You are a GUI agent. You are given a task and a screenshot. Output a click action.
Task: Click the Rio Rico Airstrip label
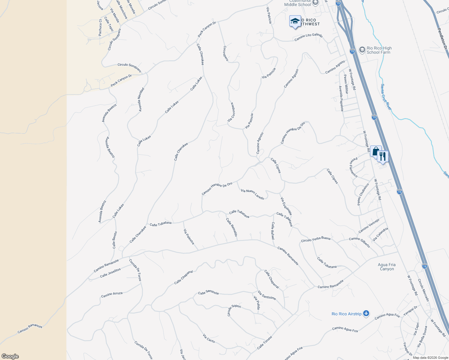(346, 314)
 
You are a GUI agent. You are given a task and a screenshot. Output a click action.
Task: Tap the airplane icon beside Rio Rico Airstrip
(366, 313)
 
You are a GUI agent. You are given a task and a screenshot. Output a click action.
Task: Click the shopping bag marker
(375, 151)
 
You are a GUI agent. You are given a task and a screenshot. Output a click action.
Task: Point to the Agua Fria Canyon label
(387, 267)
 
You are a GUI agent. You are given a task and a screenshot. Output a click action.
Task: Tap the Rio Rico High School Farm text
(379, 50)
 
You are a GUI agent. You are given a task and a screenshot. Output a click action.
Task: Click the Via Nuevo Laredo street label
(252, 194)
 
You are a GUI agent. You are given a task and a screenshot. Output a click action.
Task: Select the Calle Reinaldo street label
(232, 227)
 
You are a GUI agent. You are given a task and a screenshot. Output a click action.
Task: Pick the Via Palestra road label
(189, 236)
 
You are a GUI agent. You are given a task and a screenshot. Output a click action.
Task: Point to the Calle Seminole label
(208, 292)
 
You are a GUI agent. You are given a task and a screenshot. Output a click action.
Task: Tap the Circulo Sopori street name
(234, 310)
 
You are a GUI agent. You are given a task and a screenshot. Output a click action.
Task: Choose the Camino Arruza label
(112, 295)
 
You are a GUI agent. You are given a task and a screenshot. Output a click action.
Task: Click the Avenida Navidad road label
(141, 100)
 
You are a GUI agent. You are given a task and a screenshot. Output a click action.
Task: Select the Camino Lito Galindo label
(308, 37)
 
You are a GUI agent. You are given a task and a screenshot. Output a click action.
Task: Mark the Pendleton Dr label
(442, 39)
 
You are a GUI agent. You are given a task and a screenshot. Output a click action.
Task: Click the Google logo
(10, 356)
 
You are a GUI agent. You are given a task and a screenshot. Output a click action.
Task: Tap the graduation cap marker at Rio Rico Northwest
(295, 21)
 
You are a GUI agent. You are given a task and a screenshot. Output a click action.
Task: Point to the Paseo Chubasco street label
(363, 194)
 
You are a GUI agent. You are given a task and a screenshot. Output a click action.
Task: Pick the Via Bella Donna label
(421, 337)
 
